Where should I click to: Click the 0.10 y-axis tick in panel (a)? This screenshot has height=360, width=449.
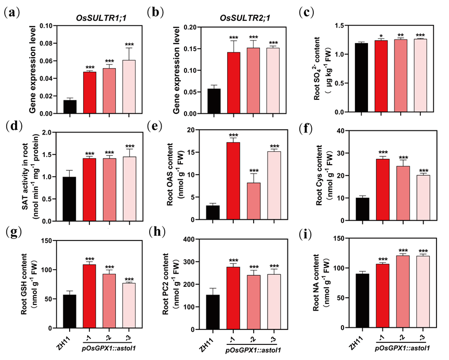pyautogui.click(x=46, y=26)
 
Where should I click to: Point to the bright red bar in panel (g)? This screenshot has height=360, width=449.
pyautogui.click(x=90, y=296)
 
